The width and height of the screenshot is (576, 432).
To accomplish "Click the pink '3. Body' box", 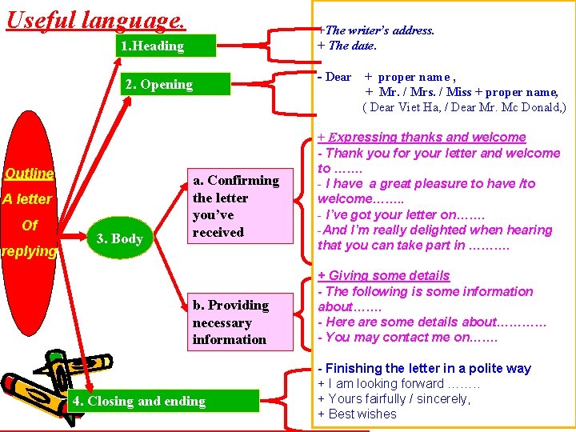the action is tap(119, 238).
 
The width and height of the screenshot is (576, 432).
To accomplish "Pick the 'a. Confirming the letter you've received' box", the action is tap(236, 206).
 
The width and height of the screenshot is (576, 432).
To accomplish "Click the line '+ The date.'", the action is tap(346, 46).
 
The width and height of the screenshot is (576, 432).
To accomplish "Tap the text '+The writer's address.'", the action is tap(376, 30).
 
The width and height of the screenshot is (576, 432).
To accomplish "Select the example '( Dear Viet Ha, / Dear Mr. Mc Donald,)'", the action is tap(463, 108).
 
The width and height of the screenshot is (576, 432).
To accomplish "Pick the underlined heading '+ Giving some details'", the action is tap(383, 275).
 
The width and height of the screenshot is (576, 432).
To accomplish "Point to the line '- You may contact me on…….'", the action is tap(407, 338).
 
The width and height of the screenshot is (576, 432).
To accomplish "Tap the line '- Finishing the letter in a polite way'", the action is tap(424, 369).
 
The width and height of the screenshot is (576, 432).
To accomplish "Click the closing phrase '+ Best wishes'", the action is tap(357, 414).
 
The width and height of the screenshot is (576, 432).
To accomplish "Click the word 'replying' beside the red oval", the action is tap(30, 252).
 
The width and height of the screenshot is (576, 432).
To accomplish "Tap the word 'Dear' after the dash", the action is tap(338, 78).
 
